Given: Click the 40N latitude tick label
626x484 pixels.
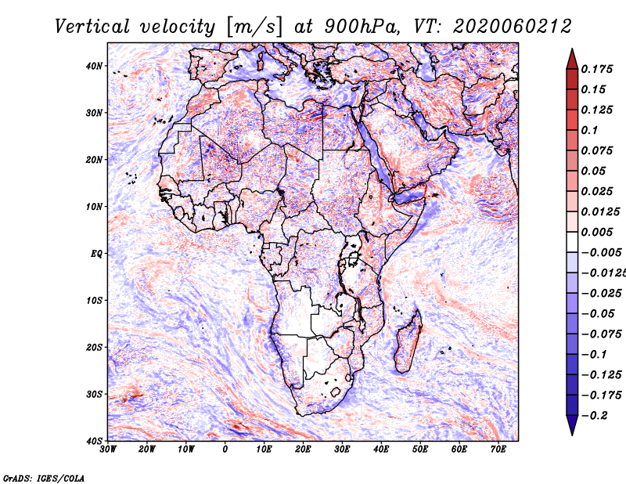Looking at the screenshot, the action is tap(93, 66).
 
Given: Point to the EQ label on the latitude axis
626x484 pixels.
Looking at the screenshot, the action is tap(96, 254).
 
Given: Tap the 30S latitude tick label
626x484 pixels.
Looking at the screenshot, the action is tap(94, 394).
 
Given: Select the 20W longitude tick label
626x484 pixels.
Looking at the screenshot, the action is tap(146, 450).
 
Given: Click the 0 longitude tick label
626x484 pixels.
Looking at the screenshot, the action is tap(225, 450).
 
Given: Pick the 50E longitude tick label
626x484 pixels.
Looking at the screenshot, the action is tap(420, 450).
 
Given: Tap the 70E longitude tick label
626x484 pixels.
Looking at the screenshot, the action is tap(498, 450).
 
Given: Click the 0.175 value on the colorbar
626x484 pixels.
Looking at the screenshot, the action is tap(597, 69).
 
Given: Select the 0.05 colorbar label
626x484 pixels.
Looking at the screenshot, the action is tap(593, 171).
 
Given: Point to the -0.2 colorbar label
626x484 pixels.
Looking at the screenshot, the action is tap(595, 415).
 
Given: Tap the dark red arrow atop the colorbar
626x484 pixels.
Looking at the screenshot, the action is tap(572, 60).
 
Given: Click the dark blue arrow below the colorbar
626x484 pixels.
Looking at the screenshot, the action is tap(572, 425).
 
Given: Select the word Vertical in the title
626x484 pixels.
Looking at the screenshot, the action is tap(92, 27).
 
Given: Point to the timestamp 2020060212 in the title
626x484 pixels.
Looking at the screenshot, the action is tap(513, 27).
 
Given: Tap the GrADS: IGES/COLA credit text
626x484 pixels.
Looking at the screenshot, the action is tap(44, 478).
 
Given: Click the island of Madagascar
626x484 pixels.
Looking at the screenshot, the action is tap(408, 341).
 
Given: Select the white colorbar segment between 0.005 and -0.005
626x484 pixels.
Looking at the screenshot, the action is tap(572, 242).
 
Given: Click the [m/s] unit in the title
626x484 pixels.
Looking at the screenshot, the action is tap(254, 27).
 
